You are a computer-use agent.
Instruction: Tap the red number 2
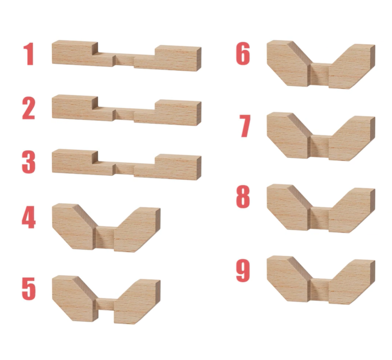(29, 108)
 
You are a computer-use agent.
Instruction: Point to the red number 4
(29, 217)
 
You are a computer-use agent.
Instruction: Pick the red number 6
(243, 54)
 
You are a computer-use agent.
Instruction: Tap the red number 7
(245, 126)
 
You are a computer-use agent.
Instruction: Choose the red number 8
(243, 197)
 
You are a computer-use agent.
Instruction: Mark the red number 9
(243, 271)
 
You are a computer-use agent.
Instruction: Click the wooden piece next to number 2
(126, 110)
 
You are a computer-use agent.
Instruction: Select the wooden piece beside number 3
(126, 165)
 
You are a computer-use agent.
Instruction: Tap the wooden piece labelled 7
(321, 137)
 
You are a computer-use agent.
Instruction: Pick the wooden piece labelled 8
(321, 208)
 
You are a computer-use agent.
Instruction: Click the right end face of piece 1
(199, 59)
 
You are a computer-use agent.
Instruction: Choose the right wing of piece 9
(352, 282)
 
